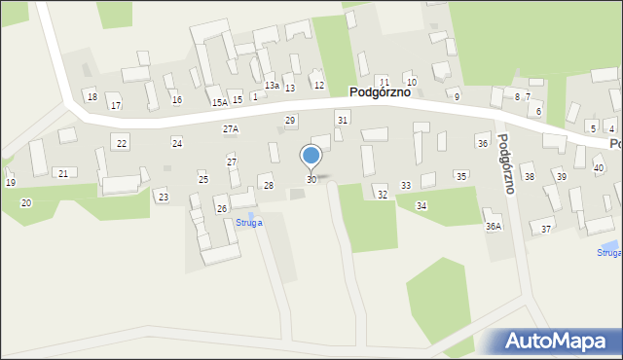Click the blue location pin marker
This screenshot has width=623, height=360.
pyautogui.click(x=311, y=156)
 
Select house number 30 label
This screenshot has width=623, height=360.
pyautogui.click(x=311, y=180)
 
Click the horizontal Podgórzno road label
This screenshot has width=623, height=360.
pyautogui.click(x=385, y=92)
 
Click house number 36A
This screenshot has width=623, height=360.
pyautogui.click(x=494, y=226)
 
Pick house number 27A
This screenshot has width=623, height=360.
pyautogui.click(x=231, y=128)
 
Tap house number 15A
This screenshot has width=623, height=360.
pyautogui.click(x=219, y=102)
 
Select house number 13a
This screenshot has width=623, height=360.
pyautogui.click(x=272, y=86)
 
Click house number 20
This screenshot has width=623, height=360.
pyautogui.click(x=25, y=202)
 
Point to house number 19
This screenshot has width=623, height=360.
pyautogui.click(x=10, y=182)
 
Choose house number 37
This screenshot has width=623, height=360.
pyautogui.click(x=546, y=229)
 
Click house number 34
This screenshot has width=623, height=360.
pyautogui.click(x=421, y=205)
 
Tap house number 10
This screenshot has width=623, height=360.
pyautogui.click(x=411, y=82)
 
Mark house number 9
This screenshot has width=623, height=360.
pyautogui.click(x=457, y=96)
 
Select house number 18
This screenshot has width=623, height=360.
pyautogui.click(x=92, y=96)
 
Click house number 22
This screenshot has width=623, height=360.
pyautogui.click(x=122, y=143)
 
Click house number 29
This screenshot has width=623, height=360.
pyautogui.click(x=290, y=120)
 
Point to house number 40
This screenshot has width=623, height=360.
pyautogui.click(x=599, y=168)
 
